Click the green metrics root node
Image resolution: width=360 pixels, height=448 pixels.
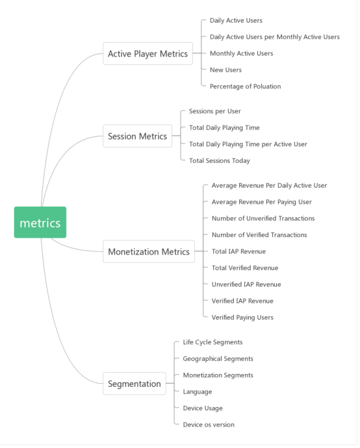[40, 222]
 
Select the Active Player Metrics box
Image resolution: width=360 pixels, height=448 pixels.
[148, 53]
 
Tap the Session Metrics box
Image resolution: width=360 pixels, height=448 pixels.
[138, 136]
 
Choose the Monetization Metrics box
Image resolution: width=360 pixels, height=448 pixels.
[149, 251]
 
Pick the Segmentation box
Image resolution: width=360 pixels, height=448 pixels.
[135, 384]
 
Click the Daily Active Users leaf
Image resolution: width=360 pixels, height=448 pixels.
[236, 21]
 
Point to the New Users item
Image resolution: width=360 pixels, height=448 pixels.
[226, 70]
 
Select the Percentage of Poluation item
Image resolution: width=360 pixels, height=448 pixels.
[246, 86]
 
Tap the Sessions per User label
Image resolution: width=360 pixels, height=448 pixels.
[215, 112]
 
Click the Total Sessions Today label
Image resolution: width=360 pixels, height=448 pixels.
[220, 161]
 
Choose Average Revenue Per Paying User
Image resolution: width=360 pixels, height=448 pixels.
[262, 202]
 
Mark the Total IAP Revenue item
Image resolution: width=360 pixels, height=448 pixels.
[238, 251]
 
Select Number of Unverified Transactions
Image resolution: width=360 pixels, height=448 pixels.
[263, 219]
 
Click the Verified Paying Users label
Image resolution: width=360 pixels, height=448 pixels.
[242, 317]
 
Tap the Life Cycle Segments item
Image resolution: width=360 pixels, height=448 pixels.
[212, 342]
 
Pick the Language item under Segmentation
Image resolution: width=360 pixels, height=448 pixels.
[198, 392]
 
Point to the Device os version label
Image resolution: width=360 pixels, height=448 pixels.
[209, 425]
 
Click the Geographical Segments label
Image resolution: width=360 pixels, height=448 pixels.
[218, 359]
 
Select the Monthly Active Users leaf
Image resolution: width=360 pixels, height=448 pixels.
[242, 54]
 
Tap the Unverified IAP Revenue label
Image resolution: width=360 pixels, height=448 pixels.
[246, 284]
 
